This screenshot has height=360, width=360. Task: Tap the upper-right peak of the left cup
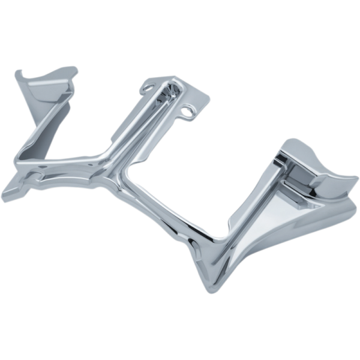point(75,69)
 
